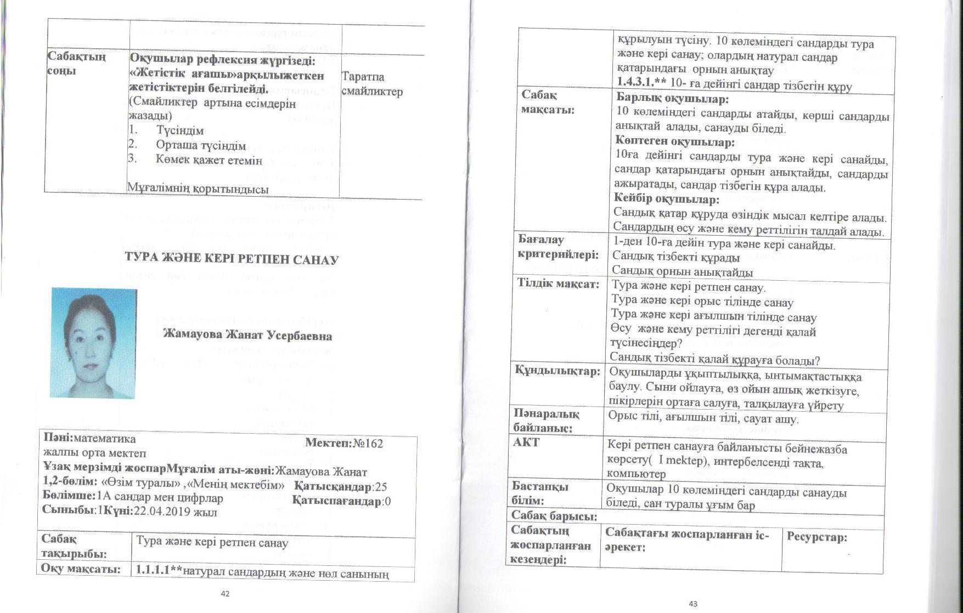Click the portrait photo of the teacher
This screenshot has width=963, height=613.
[x=93, y=342]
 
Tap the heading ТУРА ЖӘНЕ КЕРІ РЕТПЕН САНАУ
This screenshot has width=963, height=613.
[x=232, y=259]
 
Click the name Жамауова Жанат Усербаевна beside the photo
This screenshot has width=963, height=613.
[x=247, y=335]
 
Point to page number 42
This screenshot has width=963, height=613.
[x=225, y=593]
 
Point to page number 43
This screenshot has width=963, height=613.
[x=693, y=604]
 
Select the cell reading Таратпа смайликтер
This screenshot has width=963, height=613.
[x=371, y=84]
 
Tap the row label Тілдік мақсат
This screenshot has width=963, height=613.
[x=557, y=284]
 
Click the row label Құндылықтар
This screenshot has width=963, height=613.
[x=557, y=371]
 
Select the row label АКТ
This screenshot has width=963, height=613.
[x=526, y=442]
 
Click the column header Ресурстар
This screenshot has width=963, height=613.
[x=817, y=537]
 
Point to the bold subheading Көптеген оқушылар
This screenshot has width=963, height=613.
[x=675, y=143]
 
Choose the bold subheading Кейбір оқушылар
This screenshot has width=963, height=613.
[x=667, y=199]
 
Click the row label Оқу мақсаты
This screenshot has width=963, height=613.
[x=80, y=569]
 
